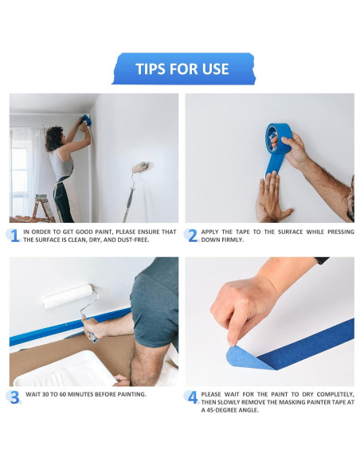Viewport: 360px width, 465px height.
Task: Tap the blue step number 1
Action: [x=14, y=236]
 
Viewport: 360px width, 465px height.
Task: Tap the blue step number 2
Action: [x=192, y=236]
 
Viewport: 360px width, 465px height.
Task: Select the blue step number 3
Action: [x=14, y=397]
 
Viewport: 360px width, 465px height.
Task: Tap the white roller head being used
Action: [x=68, y=297]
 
